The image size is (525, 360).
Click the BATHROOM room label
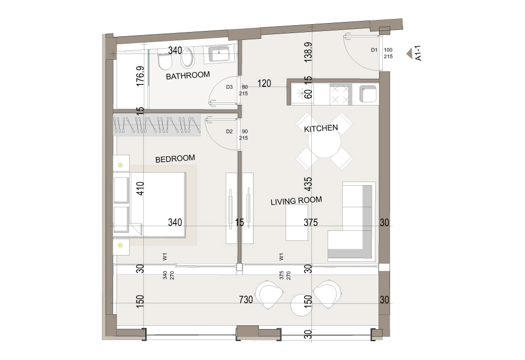click(x=188, y=76)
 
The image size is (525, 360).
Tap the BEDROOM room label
click(x=175, y=158)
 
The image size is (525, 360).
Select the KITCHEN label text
click(x=321, y=128)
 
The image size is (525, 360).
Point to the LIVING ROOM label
click(x=296, y=201)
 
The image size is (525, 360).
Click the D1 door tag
click(x=374, y=50)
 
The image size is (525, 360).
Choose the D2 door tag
click(x=229, y=132)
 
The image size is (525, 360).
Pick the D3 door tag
click(x=229, y=87)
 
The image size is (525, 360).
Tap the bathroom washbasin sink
click(x=219, y=54)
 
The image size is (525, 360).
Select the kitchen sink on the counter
click(x=368, y=94)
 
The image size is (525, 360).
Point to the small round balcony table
click(x=301, y=305)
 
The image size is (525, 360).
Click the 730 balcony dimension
click(x=246, y=300)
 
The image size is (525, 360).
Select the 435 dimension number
click(x=308, y=184)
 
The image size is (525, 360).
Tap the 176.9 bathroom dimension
click(x=140, y=76)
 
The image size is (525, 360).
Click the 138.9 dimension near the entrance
click(x=308, y=51)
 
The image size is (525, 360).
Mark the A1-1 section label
click(x=418, y=53)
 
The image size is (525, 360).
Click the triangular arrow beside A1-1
click(x=409, y=54)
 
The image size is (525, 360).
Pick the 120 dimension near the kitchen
click(x=264, y=83)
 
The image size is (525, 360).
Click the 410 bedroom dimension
click(x=140, y=188)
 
